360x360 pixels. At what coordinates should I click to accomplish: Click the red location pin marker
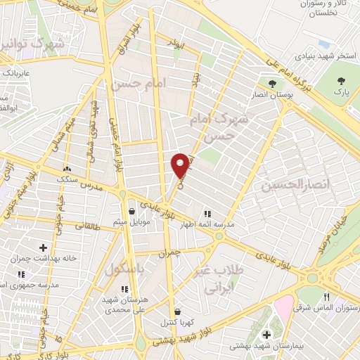click(x=181, y=165)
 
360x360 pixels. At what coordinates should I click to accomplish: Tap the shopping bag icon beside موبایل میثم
click(x=131, y=210)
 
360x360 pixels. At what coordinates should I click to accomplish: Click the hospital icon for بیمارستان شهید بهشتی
click(x=266, y=334)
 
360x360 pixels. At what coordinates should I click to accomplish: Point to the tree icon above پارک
click(x=341, y=81)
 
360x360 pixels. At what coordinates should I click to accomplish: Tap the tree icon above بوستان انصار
click(x=271, y=84)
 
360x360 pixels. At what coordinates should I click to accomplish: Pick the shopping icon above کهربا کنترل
click(x=176, y=311)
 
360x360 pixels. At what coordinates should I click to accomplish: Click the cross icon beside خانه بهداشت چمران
click(x=44, y=247)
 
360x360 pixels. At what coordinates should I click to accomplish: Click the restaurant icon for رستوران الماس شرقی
click(x=326, y=297)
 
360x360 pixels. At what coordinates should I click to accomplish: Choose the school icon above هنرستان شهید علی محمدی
click(x=125, y=288)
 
